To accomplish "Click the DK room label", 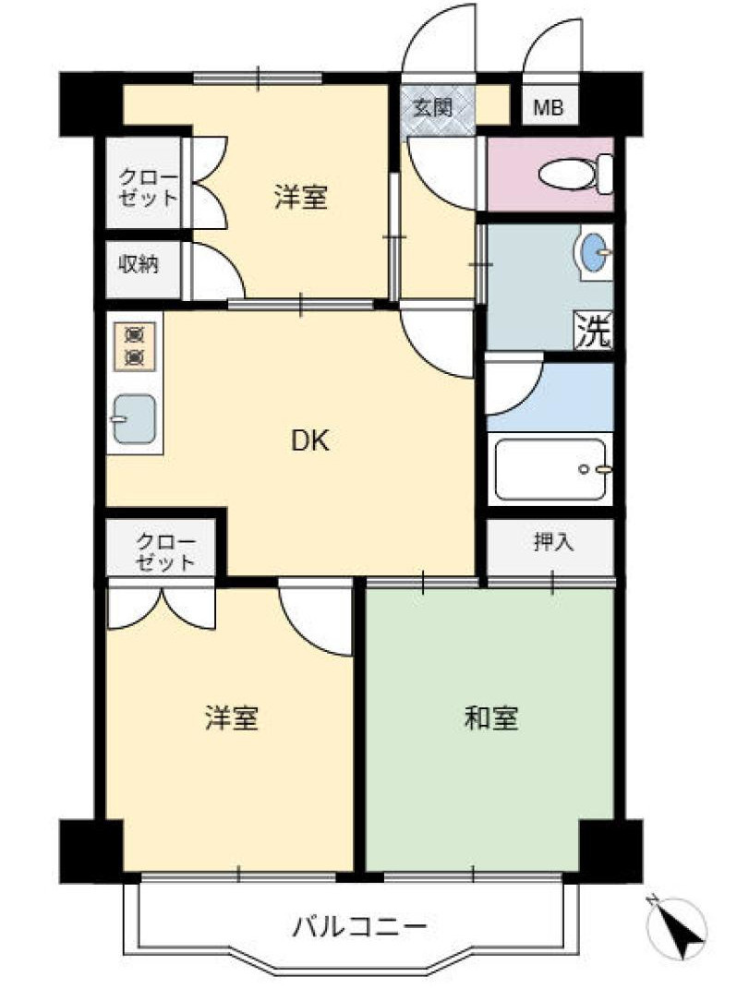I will point(310,442).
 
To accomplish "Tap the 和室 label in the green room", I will point(490,718).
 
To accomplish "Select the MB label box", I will point(550,108).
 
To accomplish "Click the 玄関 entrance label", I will point(430,107).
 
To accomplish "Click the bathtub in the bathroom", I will point(550,469).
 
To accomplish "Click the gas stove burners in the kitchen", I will point(134,344).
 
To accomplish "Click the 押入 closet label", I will point(553,542).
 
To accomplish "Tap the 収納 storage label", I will point(138,264).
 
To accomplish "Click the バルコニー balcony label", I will point(360,925).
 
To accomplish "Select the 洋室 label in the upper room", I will point(300,197).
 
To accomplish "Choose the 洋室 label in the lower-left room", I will point(231,718).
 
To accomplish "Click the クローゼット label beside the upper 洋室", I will point(148,185).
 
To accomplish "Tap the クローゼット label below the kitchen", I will point(164,550).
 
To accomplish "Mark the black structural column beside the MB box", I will point(611,103).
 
